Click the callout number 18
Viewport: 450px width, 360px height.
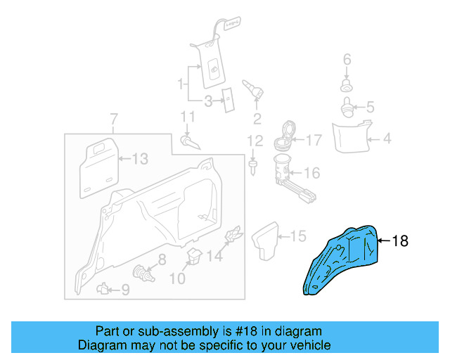[399, 241]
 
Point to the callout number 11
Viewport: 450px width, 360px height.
[186, 117]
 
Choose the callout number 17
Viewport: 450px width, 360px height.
[313, 140]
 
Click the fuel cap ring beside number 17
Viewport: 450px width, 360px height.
[283, 136]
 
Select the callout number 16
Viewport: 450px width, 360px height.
[311, 172]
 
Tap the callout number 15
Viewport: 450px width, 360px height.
[298, 236]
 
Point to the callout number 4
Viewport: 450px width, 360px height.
[386, 139]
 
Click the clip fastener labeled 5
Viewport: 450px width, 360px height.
[347, 108]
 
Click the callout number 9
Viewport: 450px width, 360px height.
[125, 288]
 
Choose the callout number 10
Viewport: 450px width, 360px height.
[176, 278]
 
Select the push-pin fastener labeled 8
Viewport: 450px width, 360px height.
[143, 271]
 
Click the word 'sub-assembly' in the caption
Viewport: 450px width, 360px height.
[155, 331]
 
